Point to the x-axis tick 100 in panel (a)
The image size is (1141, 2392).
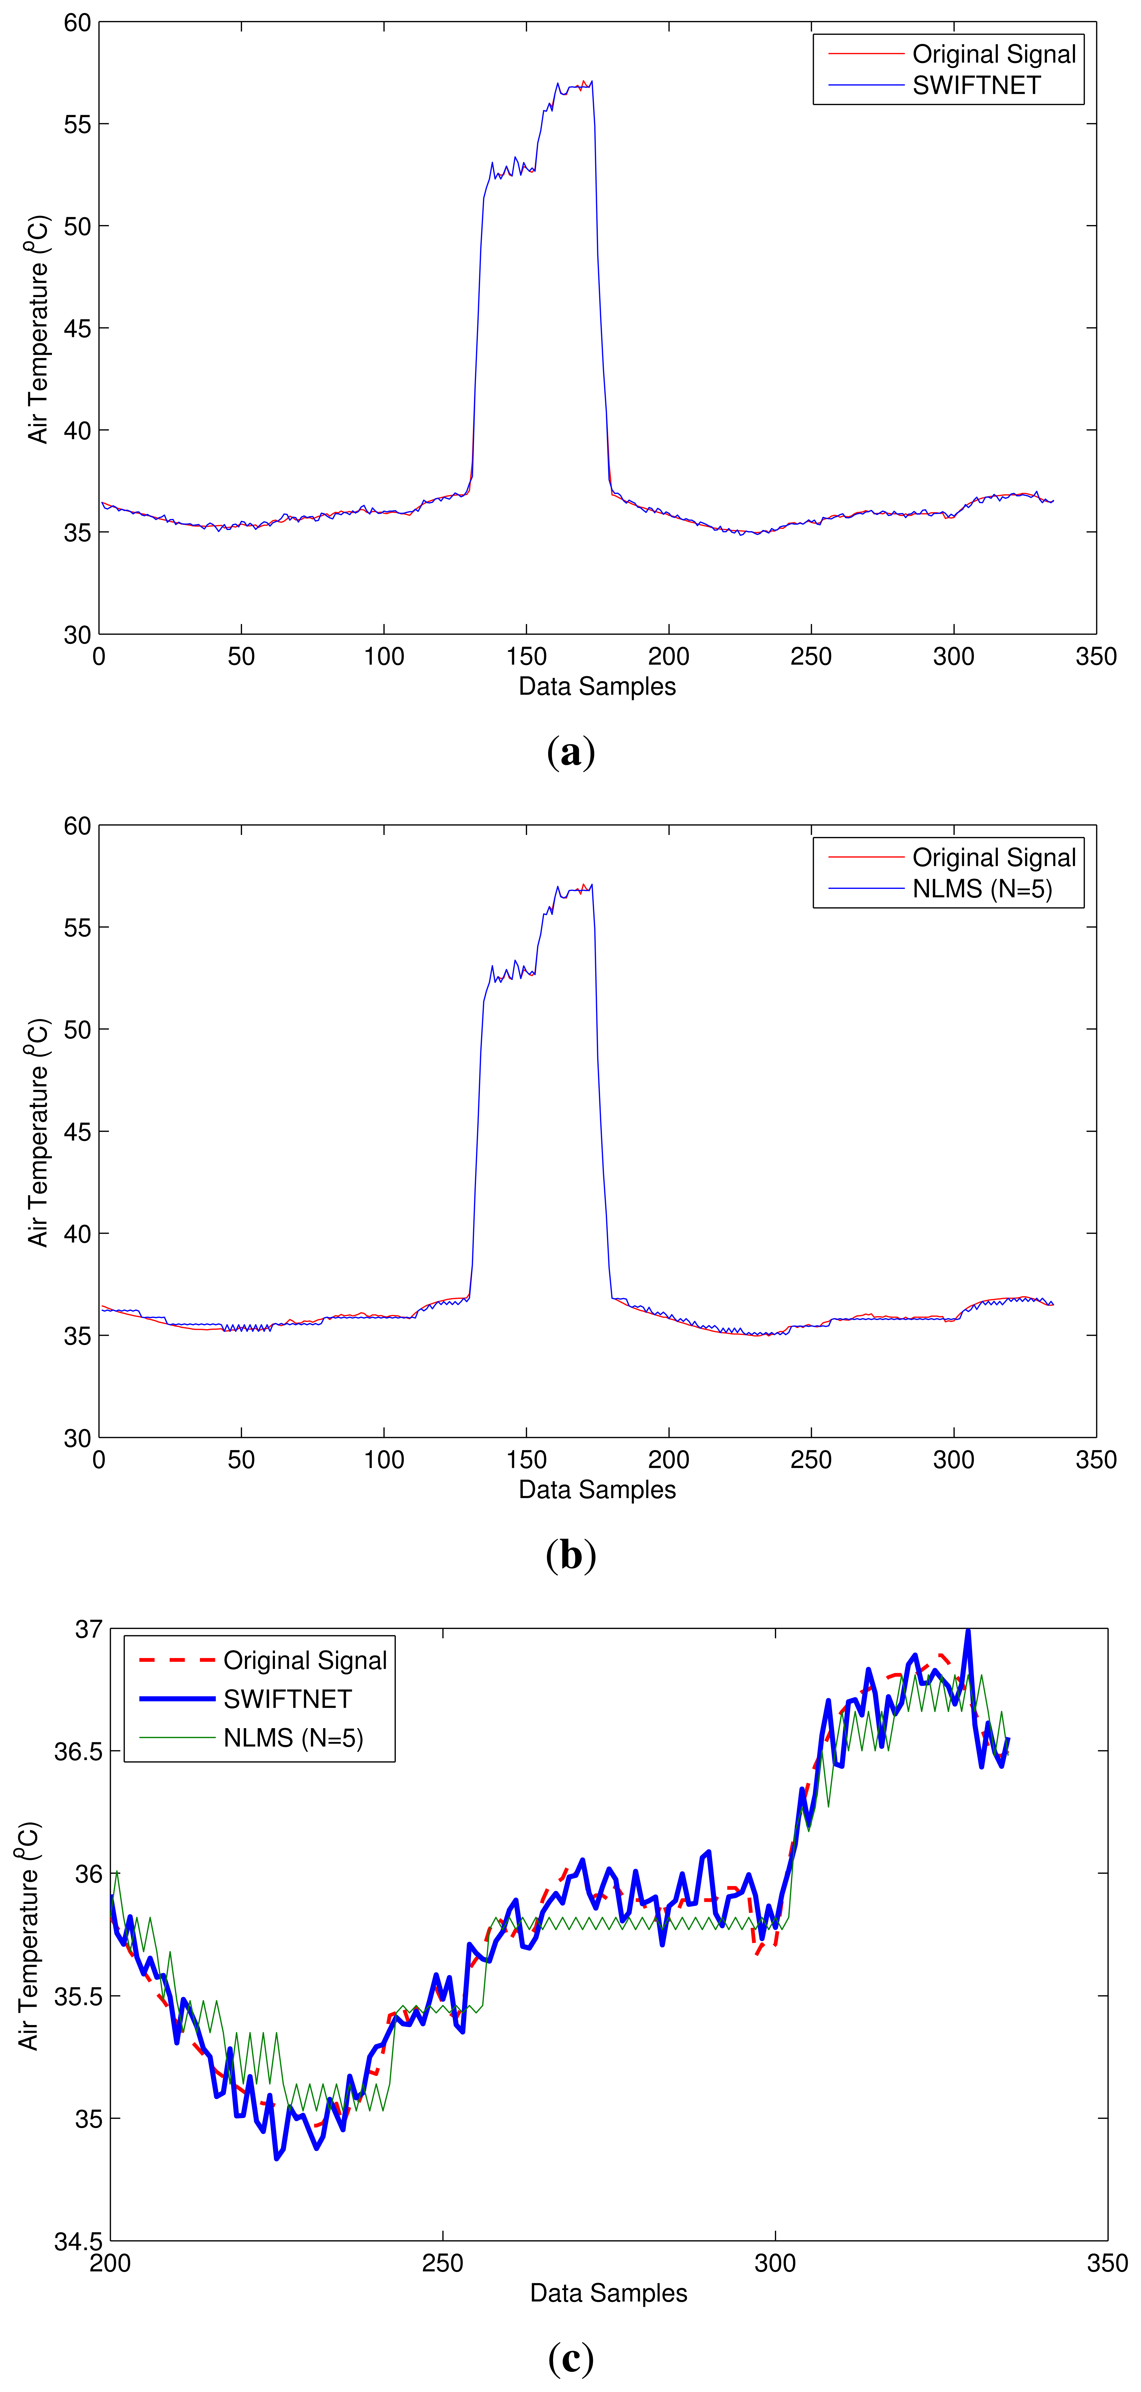click(383, 657)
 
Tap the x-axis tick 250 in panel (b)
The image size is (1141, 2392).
click(810, 1460)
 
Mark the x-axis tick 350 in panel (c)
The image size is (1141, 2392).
click(1107, 2263)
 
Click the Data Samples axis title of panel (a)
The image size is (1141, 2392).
click(597, 686)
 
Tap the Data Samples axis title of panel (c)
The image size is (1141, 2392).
click(608, 2293)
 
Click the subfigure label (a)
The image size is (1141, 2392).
click(571, 752)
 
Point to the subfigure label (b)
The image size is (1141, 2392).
click(571, 1555)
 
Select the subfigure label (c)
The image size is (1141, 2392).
click(571, 2359)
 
